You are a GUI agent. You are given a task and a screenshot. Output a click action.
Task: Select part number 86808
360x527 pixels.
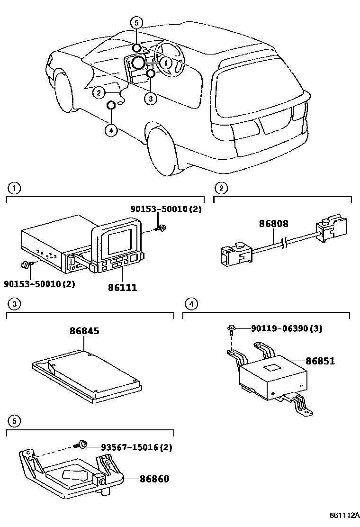(x=273, y=224)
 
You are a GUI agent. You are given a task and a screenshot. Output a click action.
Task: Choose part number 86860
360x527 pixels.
(x=154, y=479)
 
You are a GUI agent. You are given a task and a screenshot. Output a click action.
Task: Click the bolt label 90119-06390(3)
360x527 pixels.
(x=287, y=328)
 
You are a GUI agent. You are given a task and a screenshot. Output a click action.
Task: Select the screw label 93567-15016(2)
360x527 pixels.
(x=136, y=447)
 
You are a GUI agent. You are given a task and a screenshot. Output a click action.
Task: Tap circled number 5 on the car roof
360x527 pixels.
(x=136, y=22)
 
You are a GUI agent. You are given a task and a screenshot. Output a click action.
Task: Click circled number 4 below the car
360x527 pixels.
(x=110, y=130)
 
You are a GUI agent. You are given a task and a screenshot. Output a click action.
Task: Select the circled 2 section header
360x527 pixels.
(x=220, y=188)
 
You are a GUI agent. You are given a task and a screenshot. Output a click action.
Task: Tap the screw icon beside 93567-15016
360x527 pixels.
(x=82, y=445)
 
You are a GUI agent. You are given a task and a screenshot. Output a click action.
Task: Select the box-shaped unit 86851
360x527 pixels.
(x=272, y=377)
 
